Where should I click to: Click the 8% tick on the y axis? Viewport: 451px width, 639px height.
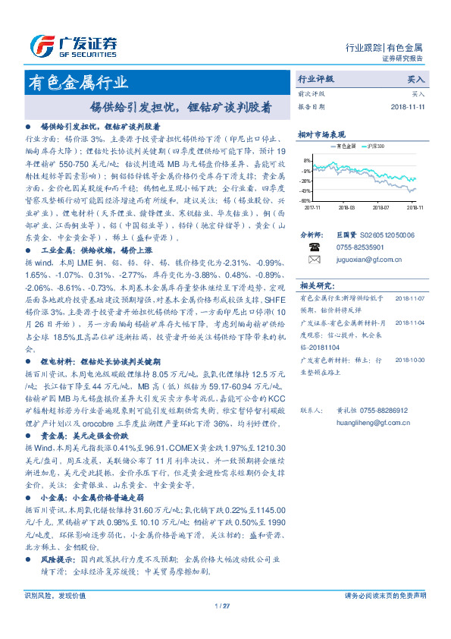[306, 161]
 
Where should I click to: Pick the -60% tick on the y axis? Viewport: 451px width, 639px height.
[305, 200]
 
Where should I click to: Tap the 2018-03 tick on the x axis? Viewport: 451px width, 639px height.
[347, 206]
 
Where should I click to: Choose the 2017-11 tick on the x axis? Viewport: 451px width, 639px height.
[312, 206]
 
